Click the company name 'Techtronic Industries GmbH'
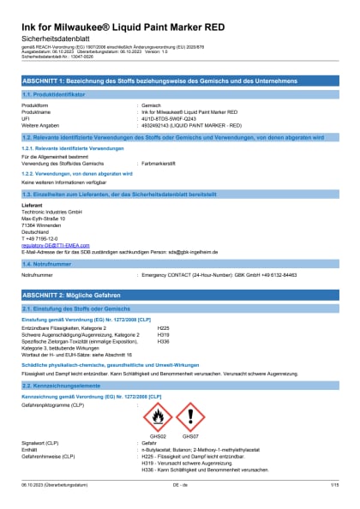tap(51, 210)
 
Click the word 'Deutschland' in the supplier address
tap(36, 231)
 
